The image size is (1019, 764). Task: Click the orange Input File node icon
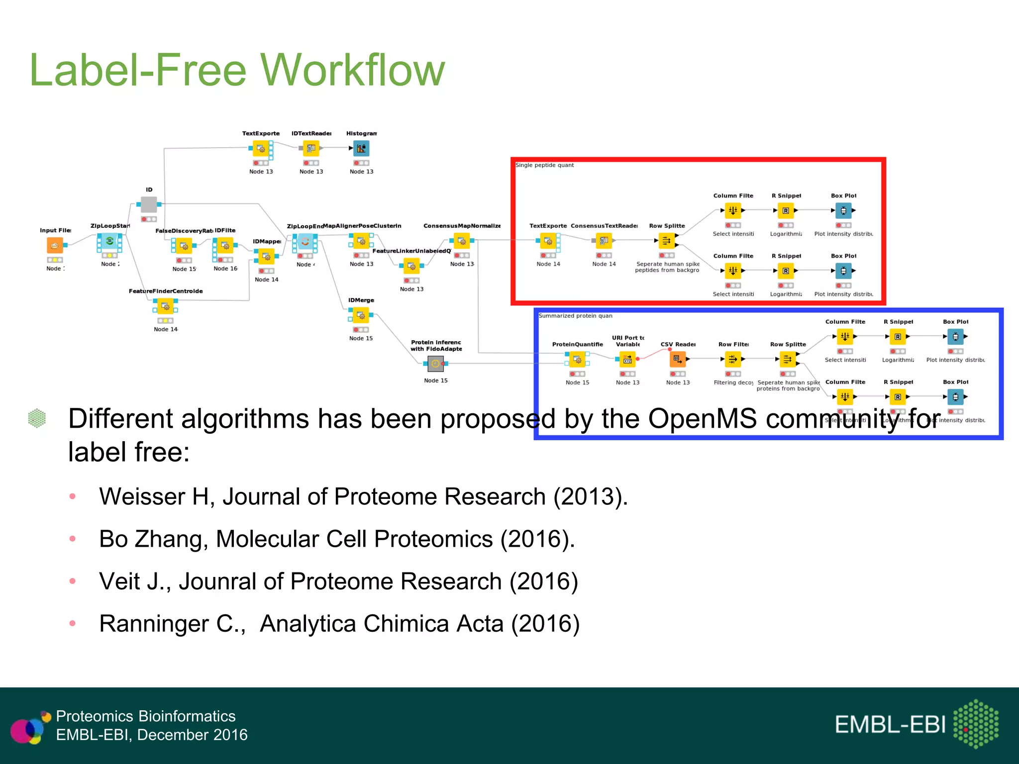[x=55, y=245]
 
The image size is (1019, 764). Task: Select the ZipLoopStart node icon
[x=109, y=241]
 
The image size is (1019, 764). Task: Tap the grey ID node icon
[x=149, y=204]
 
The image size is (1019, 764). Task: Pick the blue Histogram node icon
[x=361, y=148]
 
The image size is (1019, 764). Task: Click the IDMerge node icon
[x=361, y=315]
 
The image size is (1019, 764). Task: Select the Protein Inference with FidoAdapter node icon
[x=435, y=364]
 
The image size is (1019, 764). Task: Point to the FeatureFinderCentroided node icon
[x=165, y=306]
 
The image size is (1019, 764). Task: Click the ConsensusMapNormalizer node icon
[x=462, y=241]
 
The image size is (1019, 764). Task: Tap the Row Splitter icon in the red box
[x=666, y=241]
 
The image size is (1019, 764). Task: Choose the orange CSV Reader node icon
[x=678, y=359]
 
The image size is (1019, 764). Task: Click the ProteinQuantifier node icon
[x=577, y=359]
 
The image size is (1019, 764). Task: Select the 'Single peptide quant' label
[x=544, y=165]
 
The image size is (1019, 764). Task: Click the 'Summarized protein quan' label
[x=575, y=316]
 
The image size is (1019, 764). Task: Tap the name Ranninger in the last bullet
[x=154, y=624]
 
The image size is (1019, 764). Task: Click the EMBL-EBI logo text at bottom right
[x=890, y=725]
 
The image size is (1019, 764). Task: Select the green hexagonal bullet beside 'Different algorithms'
[x=37, y=418]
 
